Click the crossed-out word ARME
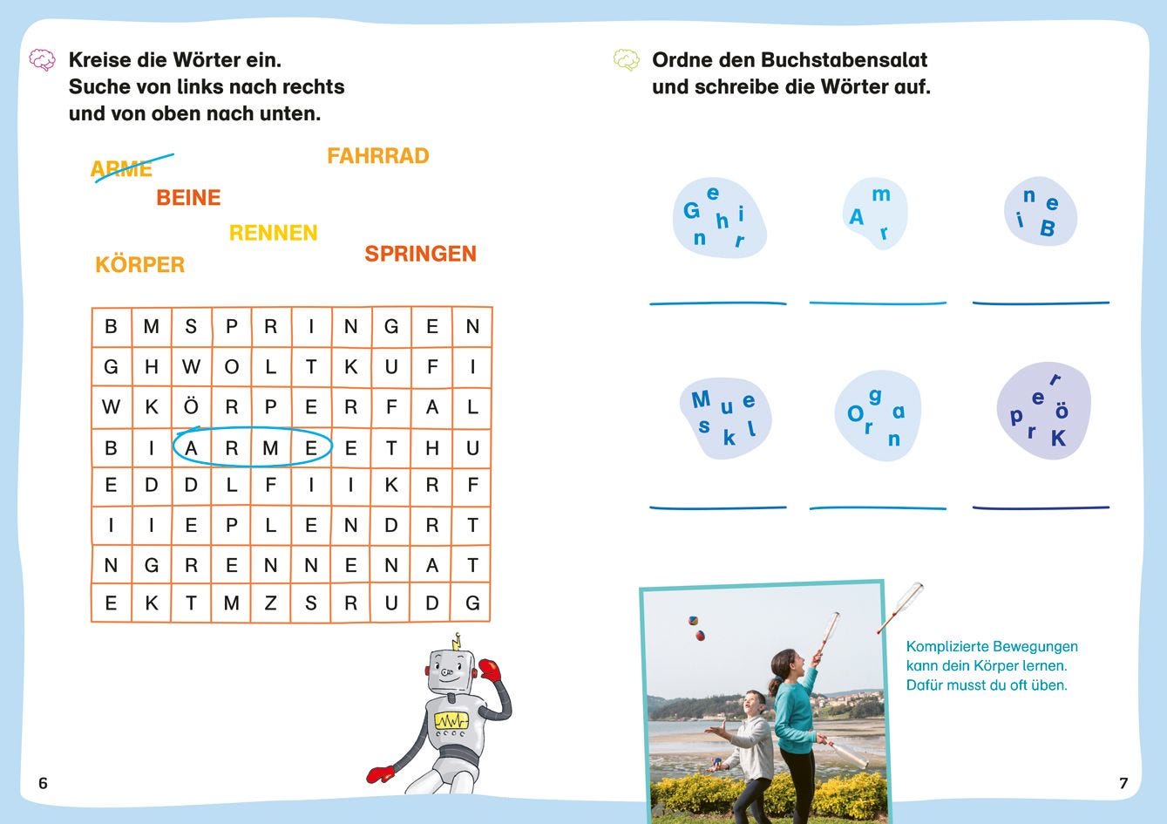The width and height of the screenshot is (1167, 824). point(121,169)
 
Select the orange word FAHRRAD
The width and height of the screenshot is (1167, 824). point(377,156)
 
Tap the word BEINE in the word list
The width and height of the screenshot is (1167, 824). point(188,198)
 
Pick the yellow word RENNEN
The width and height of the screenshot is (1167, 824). point(273,233)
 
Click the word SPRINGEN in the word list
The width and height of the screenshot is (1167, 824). point(420,254)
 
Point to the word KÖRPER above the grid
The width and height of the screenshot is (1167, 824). point(139,263)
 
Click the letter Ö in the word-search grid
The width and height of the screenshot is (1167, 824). point(191,406)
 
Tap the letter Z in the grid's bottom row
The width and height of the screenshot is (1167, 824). point(270,603)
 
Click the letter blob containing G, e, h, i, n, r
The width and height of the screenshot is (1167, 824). point(719,218)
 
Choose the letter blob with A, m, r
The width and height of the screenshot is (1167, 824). point(875,213)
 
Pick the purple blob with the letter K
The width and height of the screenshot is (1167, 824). point(1043,410)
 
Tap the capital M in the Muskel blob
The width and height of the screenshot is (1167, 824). point(701,399)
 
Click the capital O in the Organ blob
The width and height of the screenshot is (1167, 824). point(856,414)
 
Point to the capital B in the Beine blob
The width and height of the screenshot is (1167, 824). point(1048,228)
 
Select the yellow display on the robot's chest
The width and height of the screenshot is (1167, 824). point(451,721)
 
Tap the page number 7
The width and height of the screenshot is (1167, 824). point(1123,783)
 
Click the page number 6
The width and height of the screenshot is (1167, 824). point(44,783)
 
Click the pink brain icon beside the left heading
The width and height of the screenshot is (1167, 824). point(42,60)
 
